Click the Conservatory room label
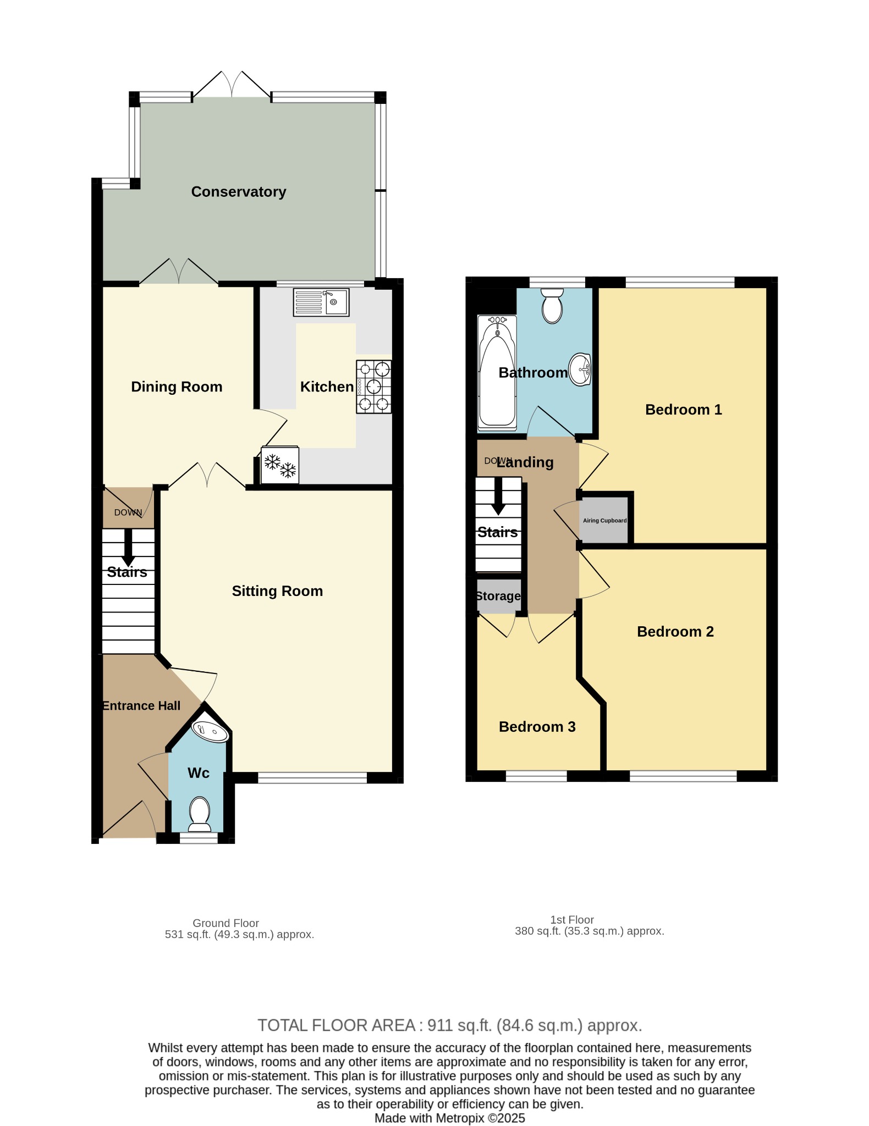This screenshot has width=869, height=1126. (239, 192)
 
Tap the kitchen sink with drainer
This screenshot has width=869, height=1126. (321, 302)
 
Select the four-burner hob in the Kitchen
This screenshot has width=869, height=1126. (374, 387)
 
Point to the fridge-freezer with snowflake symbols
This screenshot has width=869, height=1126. (280, 465)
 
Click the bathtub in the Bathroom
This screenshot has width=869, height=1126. (497, 373)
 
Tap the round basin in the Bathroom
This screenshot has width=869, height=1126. (580, 369)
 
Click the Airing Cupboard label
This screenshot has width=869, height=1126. (605, 521)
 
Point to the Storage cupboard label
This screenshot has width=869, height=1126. (498, 596)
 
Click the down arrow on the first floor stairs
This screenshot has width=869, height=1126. (498, 496)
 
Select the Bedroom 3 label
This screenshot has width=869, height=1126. (537, 727)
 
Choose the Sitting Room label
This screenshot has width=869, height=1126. (277, 591)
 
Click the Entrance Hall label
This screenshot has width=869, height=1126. (141, 706)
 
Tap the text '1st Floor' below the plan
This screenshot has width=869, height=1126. (572, 920)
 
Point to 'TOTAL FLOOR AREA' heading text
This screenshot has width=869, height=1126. (337, 1025)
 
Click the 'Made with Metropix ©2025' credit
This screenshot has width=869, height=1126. (450, 1118)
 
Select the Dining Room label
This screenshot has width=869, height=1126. (177, 387)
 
